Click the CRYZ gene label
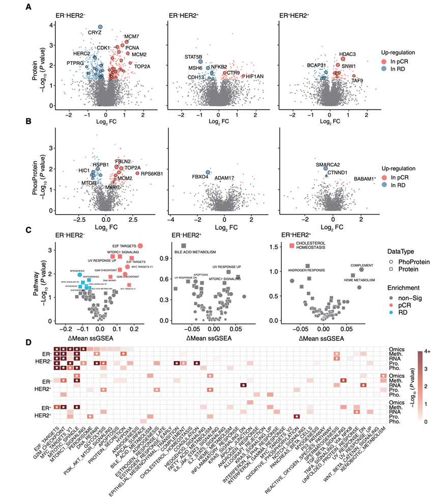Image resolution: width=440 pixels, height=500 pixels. tap(95, 33)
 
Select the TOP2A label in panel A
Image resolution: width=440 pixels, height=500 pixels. tap(142, 66)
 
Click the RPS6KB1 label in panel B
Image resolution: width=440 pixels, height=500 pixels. tap(152, 174)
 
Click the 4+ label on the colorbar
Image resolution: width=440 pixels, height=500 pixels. tap(429, 350)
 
